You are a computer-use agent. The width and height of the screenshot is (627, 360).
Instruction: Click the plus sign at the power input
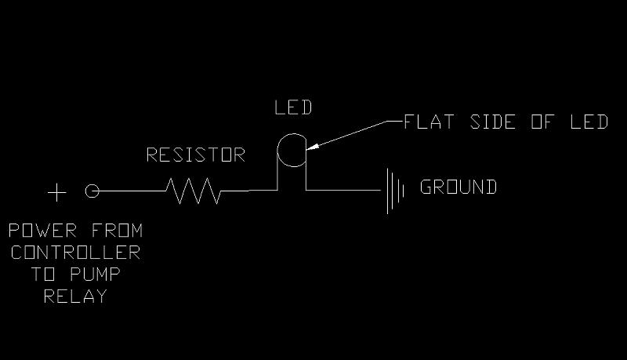click(x=56, y=191)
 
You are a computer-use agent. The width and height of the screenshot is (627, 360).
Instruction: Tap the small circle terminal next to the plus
click(x=92, y=191)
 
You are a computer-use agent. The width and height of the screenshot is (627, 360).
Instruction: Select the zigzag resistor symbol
click(x=193, y=191)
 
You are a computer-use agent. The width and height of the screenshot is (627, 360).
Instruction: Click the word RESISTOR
click(x=196, y=155)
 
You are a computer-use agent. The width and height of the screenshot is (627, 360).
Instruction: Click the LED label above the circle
click(x=292, y=107)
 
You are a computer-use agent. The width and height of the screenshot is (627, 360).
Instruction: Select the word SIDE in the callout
click(x=491, y=122)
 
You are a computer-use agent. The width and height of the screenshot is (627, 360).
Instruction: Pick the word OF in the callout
click(x=543, y=122)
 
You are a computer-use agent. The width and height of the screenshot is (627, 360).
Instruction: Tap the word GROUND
click(x=458, y=187)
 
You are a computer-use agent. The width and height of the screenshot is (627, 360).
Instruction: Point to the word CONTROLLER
click(x=75, y=253)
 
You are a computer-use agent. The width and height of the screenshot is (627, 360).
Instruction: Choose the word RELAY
click(x=75, y=297)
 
